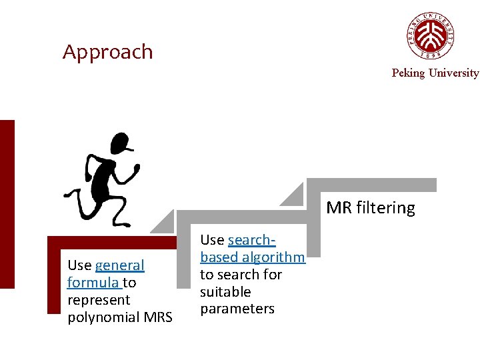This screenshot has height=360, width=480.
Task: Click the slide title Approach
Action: tap(107, 52)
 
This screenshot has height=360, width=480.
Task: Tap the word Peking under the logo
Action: tap(408, 73)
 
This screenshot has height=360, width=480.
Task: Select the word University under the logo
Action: tap(453, 73)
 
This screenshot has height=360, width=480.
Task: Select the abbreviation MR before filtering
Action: tap(339, 208)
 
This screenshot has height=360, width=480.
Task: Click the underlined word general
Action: tap(119, 265)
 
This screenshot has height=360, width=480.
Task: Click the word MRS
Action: tap(157, 317)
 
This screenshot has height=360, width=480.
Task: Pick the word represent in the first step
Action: tap(99, 300)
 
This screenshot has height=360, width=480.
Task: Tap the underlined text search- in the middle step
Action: tap(251, 240)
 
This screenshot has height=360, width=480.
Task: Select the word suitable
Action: tap(225, 292)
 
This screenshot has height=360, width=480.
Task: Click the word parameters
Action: tap(237, 309)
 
